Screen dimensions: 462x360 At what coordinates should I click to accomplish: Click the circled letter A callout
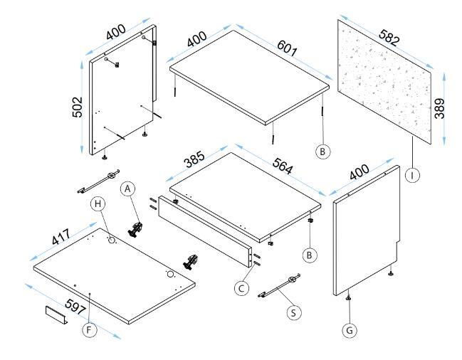127,189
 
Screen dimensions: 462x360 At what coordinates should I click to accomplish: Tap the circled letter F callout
89,330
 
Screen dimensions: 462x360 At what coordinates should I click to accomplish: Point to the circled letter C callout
241,288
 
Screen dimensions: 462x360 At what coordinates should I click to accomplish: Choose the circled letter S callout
293,312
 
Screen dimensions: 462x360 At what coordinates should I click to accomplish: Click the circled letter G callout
350,330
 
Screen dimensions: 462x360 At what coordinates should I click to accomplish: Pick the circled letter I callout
412,175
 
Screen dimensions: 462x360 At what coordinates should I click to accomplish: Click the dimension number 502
78,107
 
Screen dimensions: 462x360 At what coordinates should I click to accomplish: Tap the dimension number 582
389,38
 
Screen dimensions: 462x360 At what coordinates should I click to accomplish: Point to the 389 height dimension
440,108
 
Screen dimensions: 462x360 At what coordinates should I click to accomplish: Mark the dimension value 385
194,159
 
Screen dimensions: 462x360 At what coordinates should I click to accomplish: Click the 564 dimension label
283,166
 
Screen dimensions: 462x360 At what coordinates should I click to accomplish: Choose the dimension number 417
61,237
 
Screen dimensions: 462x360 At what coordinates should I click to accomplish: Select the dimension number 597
75,307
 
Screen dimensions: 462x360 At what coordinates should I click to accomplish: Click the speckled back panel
384,82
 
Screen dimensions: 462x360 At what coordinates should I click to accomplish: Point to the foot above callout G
349,298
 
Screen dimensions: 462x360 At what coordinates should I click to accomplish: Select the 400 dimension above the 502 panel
116,32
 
